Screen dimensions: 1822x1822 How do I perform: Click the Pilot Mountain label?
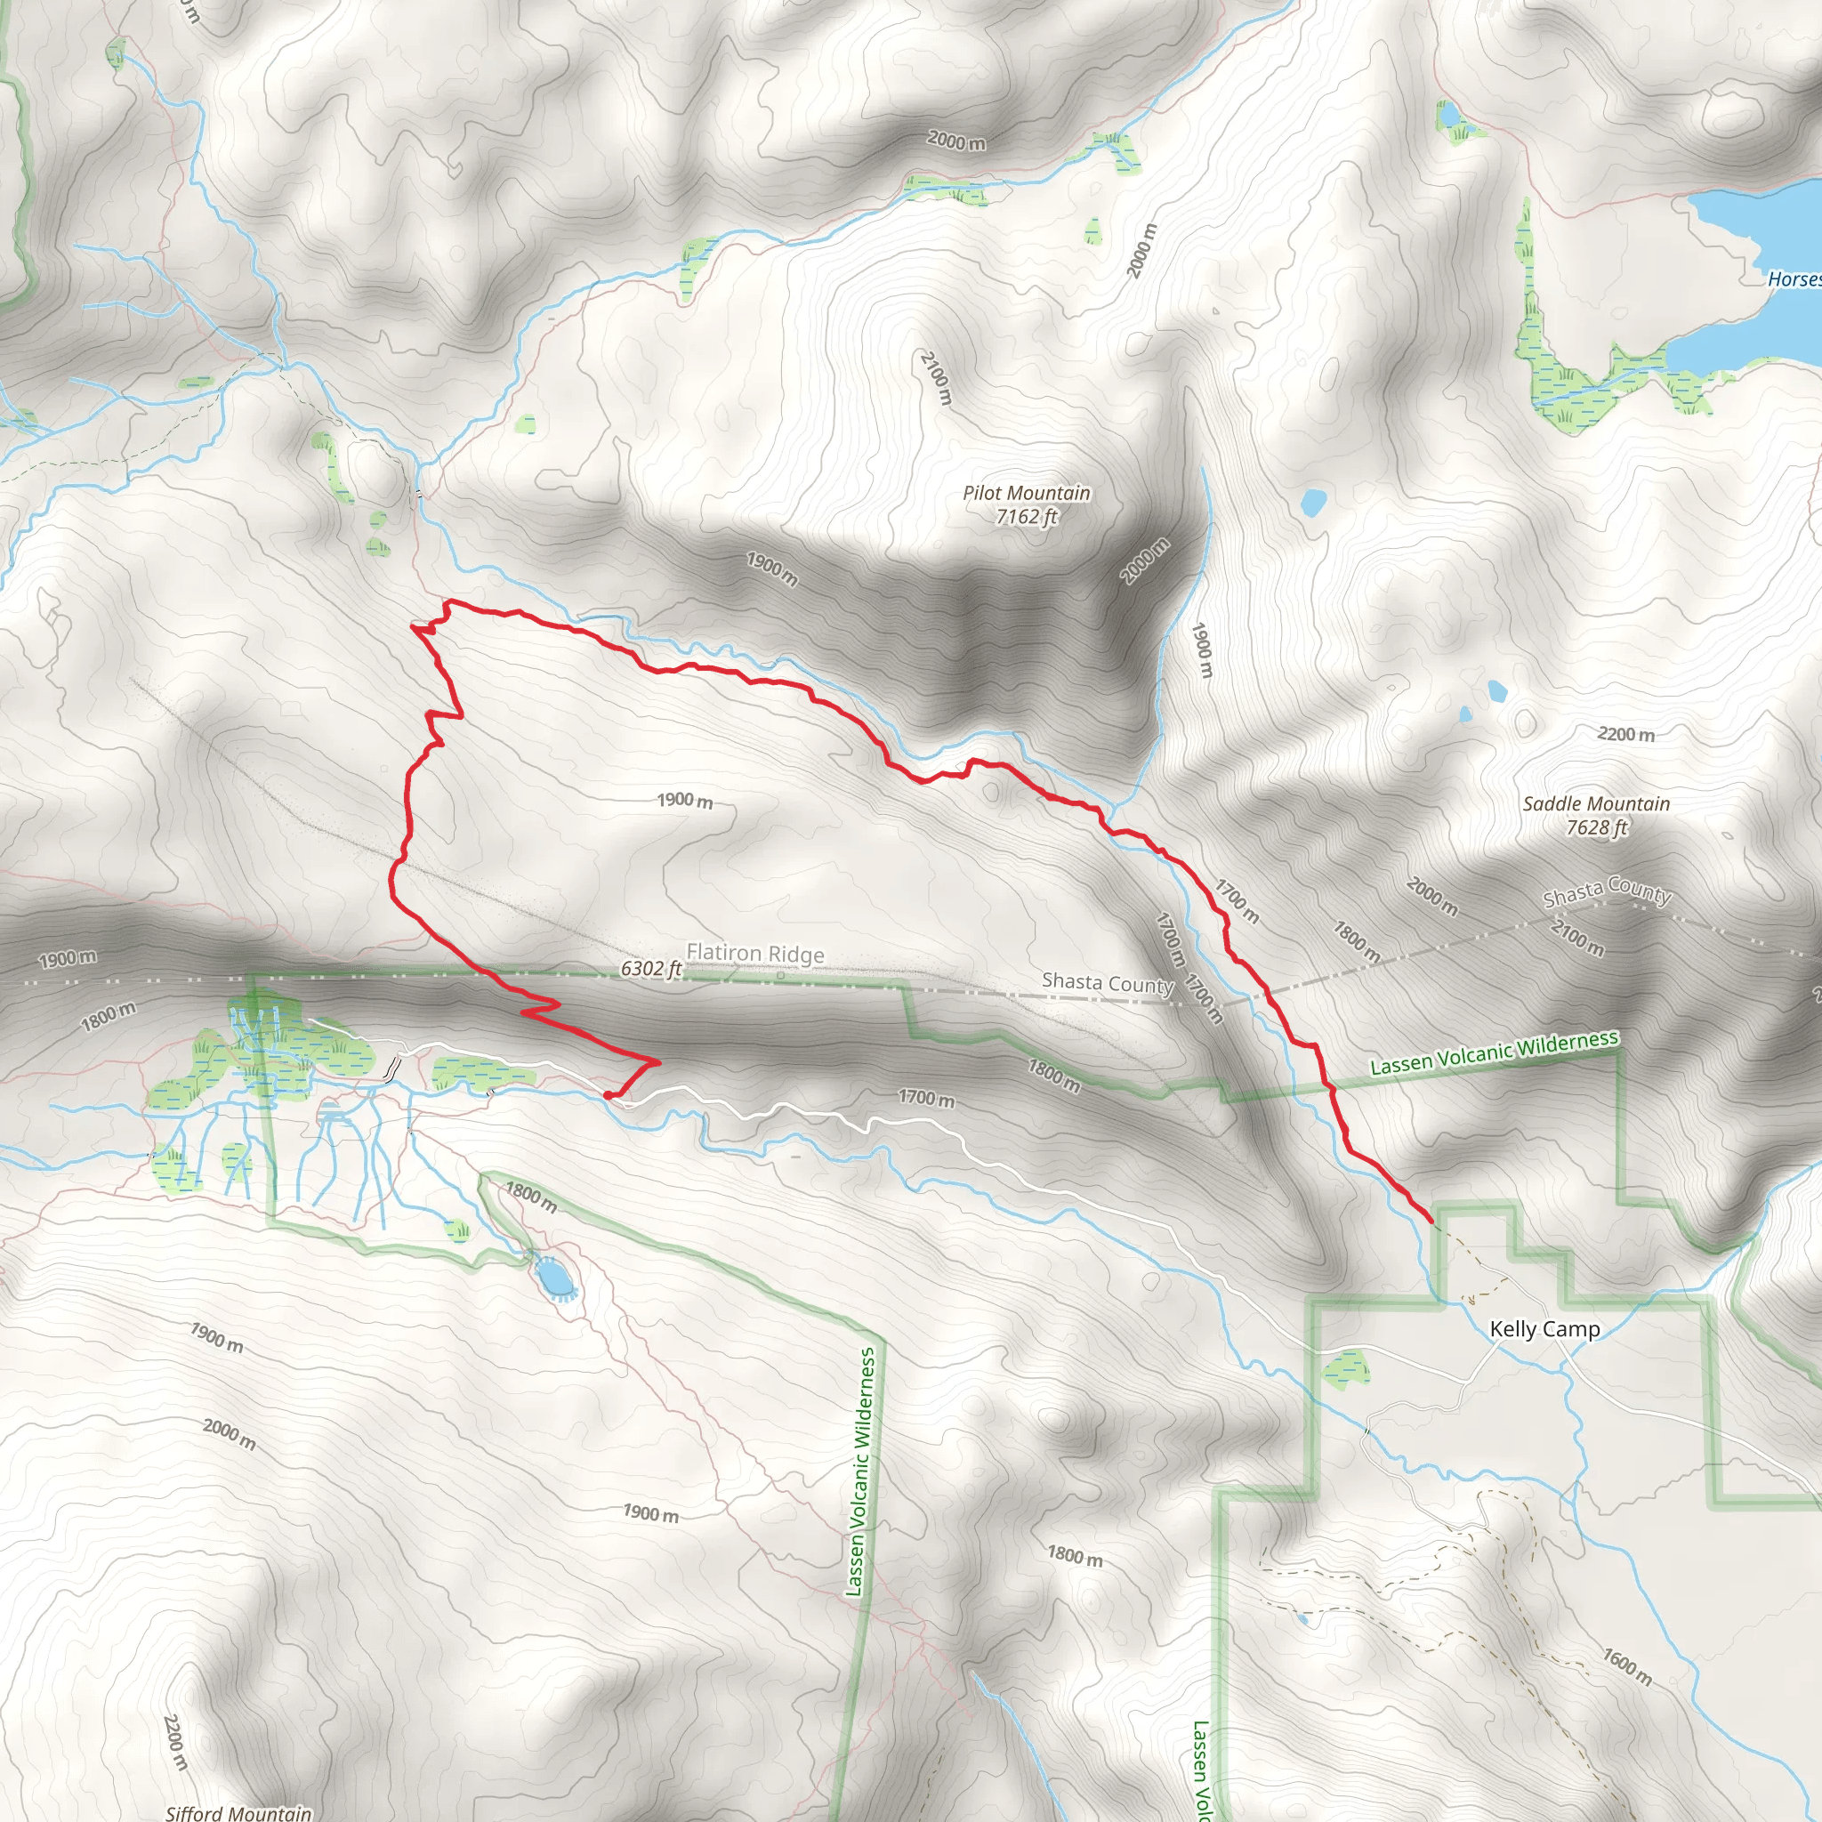[1026, 492]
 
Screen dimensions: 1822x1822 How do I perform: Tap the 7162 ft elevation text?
[1026, 516]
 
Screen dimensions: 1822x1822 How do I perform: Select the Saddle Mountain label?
[1596, 803]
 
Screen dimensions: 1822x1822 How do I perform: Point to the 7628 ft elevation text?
[1597, 827]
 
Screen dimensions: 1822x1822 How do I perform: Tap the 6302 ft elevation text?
[650, 969]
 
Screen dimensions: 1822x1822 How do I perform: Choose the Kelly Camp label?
[1544, 1329]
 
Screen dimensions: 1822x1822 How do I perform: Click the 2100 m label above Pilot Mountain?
[937, 377]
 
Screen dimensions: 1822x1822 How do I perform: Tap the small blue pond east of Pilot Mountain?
[1313, 502]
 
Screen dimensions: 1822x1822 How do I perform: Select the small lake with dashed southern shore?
[552, 1277]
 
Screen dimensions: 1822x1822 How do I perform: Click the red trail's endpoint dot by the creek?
[609, 1095]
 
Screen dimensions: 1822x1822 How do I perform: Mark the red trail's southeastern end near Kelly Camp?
[1431, 1221]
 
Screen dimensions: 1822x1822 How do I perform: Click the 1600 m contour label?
[1628, 1665]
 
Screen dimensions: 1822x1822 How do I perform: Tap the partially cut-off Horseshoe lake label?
[1794, 279]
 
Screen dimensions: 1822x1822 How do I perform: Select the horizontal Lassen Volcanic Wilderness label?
[1494, 1052]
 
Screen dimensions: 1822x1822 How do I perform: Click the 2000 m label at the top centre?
[956, 141]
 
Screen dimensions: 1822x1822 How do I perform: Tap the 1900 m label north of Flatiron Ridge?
[685, 801]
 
